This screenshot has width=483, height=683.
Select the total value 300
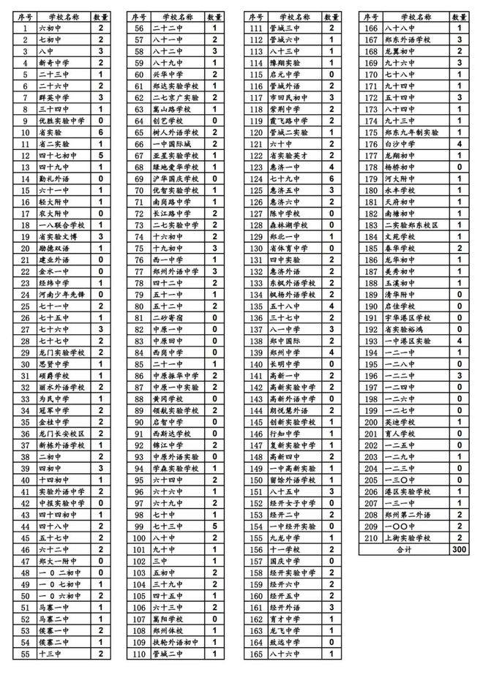(459, 549)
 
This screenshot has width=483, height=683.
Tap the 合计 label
(404, 549)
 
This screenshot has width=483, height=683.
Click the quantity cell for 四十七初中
(101, 155)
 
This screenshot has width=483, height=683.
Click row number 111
(255, 28)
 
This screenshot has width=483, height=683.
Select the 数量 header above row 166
(459, 16)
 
